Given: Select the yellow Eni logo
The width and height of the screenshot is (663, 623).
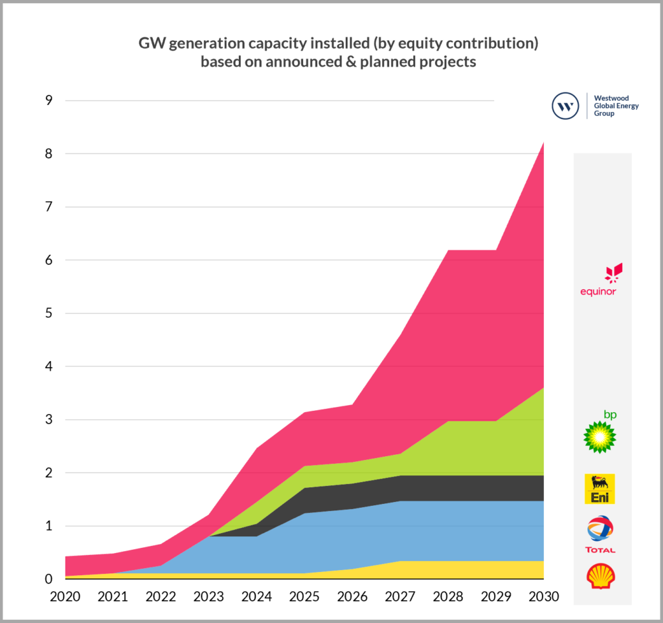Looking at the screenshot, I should [x=600, y=489].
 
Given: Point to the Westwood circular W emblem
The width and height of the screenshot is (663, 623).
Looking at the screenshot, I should [x=565, y=106].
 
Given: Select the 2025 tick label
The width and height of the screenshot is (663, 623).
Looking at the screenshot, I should [x=304, y=595].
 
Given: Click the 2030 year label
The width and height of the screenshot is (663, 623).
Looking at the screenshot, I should [x=543, y=595].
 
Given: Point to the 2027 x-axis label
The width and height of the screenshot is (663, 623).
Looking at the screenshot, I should [x=399, y=595].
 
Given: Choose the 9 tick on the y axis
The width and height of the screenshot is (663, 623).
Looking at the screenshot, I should [x=49, y=100].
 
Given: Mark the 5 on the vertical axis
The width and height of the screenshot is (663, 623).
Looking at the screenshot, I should [x=49, y=313].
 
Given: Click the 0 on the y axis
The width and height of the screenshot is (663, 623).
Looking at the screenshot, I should [x=49, y=579].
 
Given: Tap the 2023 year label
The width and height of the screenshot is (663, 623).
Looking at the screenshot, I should [x=208, y=595].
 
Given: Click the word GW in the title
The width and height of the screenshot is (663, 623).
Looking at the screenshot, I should [x=151, y=44].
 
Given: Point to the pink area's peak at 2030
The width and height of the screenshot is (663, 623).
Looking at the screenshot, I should [x=543, y=144].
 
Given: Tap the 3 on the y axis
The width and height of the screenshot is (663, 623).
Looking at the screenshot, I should [x=49, y=420].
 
